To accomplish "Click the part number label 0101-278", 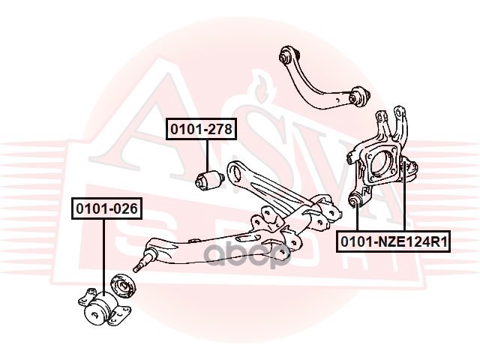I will [201, 130].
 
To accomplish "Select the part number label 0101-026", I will [106, 208].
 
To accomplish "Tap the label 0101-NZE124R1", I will [393, 241].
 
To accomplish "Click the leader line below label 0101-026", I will [103, 255].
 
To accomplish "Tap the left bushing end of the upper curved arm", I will [285, 54].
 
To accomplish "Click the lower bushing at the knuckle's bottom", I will [357, 199].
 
